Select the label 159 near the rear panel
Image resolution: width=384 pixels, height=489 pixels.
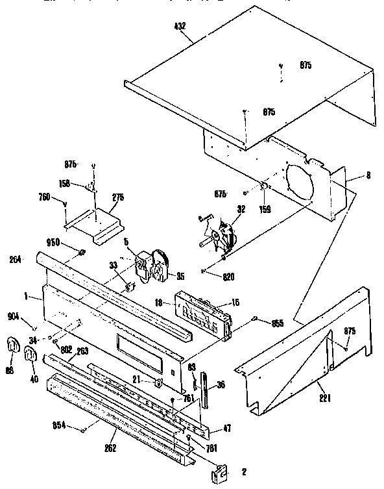[265, 209]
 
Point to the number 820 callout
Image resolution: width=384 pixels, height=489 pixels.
[228, 277]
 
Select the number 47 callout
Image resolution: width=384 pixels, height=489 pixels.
[228, 429]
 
